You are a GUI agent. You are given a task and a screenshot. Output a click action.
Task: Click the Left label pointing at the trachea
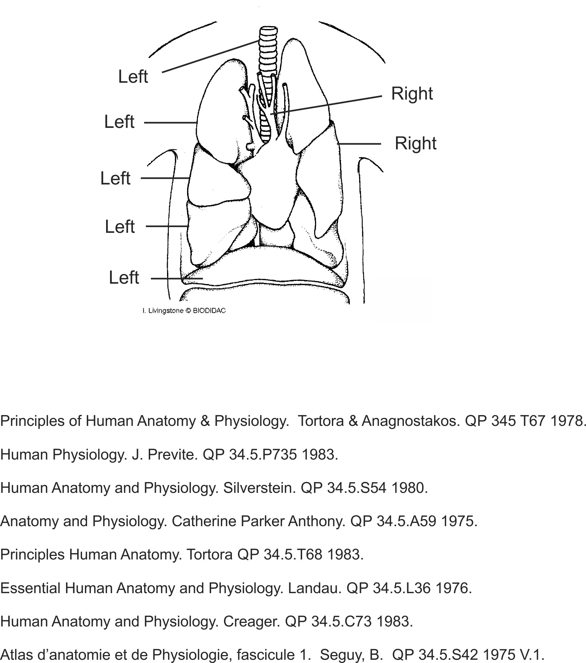point(133,77)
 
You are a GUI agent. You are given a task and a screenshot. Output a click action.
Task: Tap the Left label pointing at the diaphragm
point(124,278)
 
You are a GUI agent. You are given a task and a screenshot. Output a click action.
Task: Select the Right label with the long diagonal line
point(412,93)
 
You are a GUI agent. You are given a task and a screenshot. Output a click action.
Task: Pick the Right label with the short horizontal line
point(415,143)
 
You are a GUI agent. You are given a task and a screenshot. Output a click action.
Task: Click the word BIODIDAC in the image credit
point(209,311)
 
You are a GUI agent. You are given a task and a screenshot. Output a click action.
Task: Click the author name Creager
point(251,621)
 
